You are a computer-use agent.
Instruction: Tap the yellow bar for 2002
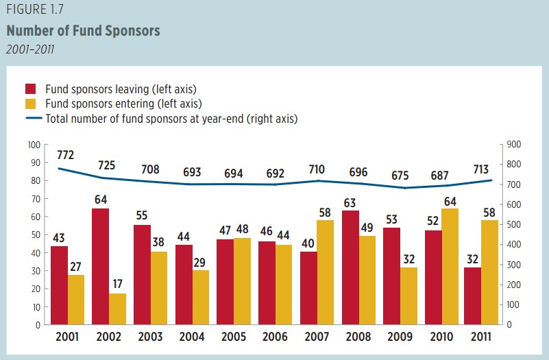click(118, 309)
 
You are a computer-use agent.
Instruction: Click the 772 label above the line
click(66, 155)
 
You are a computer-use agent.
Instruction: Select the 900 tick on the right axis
click(513, 145)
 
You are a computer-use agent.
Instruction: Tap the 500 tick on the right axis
click(513, 225)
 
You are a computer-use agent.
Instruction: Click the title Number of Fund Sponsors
click(83, 31)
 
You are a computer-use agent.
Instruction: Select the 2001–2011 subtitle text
click(30, 49)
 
